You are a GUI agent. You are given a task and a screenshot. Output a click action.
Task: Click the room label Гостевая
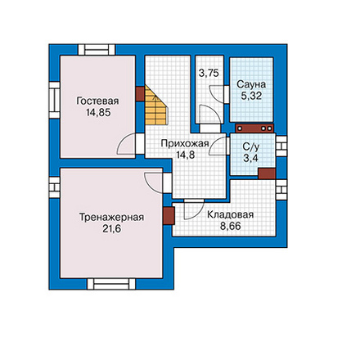(x=97, y=101)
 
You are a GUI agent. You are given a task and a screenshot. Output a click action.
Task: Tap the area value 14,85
(x=98, y=112)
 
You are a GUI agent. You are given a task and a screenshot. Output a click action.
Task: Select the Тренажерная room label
(x=111, y=218)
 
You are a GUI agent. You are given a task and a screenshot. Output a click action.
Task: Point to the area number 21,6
(x=111, y=229)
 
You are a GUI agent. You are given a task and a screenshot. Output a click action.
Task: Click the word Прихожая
(x=185, y=143)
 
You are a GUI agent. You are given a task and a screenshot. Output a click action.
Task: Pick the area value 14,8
(x=185, y=155)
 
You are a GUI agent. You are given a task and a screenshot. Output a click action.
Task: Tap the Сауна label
(x=251, y=84)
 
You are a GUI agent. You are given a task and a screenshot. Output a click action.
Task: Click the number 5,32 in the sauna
(x=251, y=96)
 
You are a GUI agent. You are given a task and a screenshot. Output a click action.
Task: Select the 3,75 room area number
(x=209, y=73)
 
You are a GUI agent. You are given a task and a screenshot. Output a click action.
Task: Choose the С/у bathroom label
(x=251, y=146)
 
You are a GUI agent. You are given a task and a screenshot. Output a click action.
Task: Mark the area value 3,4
(x=250, y=158)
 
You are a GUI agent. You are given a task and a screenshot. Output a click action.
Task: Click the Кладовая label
(x=231, y=214)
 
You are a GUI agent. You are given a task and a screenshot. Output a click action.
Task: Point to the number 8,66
(x=231, y=226)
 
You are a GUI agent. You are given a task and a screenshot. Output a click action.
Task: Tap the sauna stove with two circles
(x=254, y=128)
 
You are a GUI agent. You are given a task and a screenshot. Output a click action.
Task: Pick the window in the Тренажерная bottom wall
(x=111, y=284)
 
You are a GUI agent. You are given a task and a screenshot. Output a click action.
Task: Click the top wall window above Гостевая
(x=97, y=50)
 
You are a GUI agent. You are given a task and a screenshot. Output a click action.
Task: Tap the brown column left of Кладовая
(x=169, y=216)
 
